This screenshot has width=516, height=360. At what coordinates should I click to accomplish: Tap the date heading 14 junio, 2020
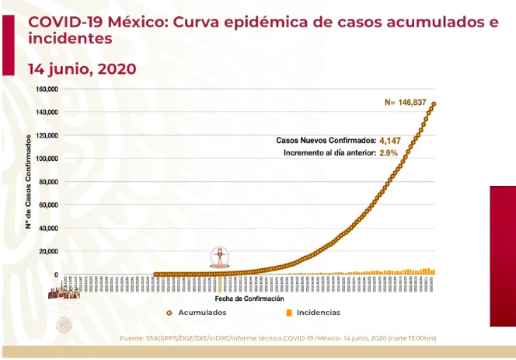[x=82, y=68]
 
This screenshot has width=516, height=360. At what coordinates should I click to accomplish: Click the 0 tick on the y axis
[x=56, y=274]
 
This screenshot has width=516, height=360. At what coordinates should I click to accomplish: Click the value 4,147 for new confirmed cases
[x=390, y=141]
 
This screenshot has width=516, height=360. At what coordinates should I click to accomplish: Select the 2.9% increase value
[x=389, y=153]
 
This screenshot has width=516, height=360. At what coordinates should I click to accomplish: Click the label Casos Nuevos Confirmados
[x=326, y=141]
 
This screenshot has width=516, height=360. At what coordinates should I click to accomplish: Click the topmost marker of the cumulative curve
[x=434, y=104]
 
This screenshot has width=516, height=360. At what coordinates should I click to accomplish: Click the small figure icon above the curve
[x=221, y=257]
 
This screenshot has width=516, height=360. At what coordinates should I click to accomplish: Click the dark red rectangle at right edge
[x=502, y=256]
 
